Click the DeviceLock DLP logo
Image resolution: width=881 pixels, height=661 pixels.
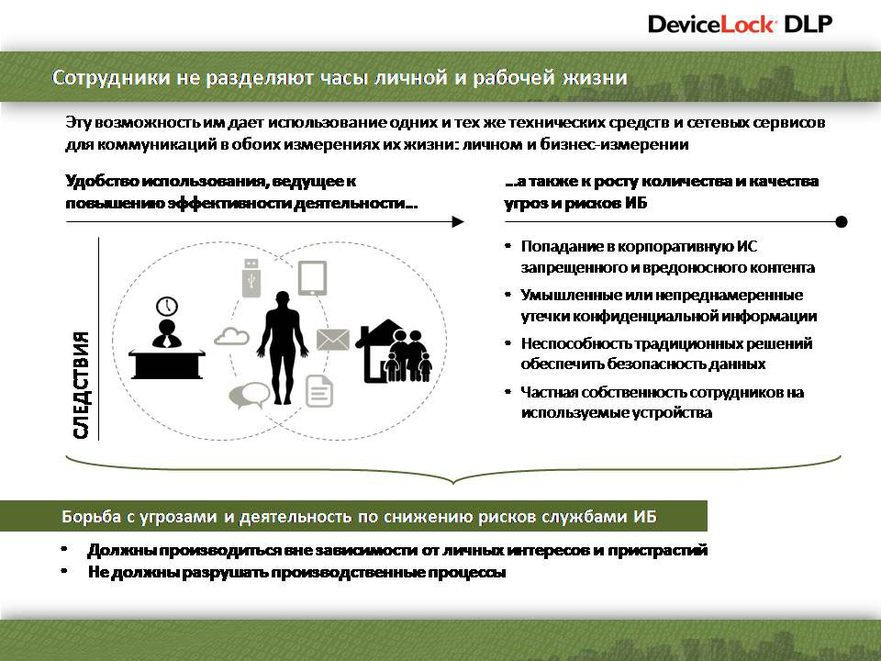pyautogui.click(x=740, y=25)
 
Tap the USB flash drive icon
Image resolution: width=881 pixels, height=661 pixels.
pyautogui.click(x=251, y=277)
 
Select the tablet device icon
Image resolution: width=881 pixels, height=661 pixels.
pyautogui.click(x=312, y=278)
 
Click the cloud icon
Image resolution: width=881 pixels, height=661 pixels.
pyautogui.click(x=232, y=336)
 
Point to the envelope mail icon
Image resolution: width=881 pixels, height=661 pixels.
pyautogui.click(x=332, y=340)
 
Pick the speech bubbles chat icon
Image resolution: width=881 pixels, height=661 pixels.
pyautogui.click(x=250, y=396)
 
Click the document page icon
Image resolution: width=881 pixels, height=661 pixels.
pyautogui.click(x=319, y=391)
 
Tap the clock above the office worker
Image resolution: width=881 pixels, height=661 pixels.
pyautogui.click(x=167, y=307)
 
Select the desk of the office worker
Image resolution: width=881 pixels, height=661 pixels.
pyautogui.click(x=167, y=364)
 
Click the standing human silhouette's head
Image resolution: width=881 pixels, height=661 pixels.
pyautogui.click(x=282, y=299)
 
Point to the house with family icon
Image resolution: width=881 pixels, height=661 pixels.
pyautogui.click(x=395, y=351)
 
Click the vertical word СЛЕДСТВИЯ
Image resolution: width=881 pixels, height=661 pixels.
pyautogui.click(x=81, y=385)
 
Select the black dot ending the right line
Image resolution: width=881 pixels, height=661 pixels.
pyautogui.click(x=842, y=222)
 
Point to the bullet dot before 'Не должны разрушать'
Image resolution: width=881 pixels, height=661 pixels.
pyautogui.click(x=65, y=571)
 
